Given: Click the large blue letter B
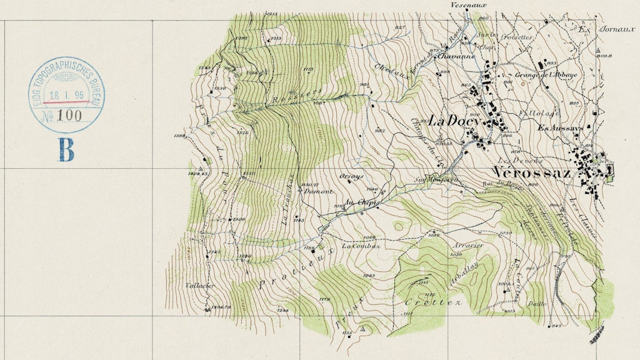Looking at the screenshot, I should point(66,150).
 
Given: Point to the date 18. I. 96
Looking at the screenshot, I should point(66,94).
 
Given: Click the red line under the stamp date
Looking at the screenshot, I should point(66,102).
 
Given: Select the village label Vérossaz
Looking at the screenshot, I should point(531,173).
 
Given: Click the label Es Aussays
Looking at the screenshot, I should point(559,128).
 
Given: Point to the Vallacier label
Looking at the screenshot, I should point(200,286).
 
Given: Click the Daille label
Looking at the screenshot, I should point(537,304).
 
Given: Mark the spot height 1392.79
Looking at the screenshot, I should point(221,307).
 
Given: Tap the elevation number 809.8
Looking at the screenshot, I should point(603,56).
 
